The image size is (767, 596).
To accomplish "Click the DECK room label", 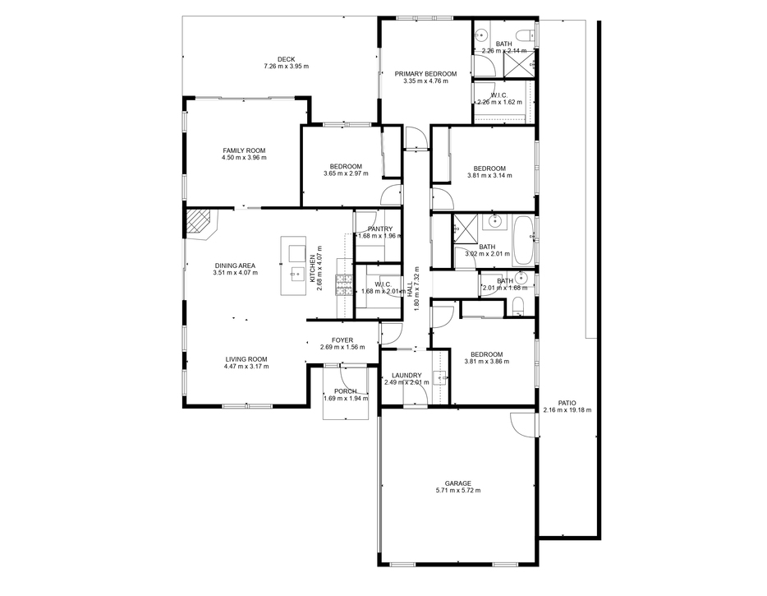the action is tap(286, 59).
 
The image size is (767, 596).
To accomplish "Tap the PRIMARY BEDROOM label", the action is tap(425, 74).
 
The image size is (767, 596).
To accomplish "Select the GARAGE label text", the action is tap(458, 483).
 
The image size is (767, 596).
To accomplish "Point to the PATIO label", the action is tap(567, 403).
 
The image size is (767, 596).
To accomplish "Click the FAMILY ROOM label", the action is tap(244, 150).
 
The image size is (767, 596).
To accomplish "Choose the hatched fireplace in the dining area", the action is tap(198, 224).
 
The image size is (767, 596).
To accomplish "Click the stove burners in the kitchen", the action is tap(344, 284).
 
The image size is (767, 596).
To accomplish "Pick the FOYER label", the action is tap(342, 340).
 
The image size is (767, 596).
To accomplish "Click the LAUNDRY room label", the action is tap(406, 376).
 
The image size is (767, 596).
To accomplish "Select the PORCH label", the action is tap(346, 391).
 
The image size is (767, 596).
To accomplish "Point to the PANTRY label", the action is tap(380, 229).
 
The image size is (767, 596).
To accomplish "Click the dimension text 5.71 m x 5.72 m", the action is tap(458, 490).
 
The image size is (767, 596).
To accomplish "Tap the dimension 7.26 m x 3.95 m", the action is tap(286, 66).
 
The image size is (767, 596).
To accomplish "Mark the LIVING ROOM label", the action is tap(246, 359).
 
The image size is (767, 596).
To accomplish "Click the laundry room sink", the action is tap(440, 378).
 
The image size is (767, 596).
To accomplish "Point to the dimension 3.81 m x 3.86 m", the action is tap(487, 362).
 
